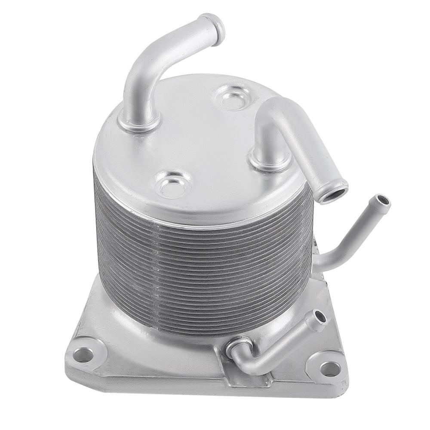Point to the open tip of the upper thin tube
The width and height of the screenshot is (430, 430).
[382, 200]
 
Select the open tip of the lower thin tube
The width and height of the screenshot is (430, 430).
[320, 316]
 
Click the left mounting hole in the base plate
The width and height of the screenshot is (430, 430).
[83, 355]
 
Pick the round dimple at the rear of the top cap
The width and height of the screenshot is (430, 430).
[233, 97]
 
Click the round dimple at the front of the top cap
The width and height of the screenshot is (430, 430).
[174, 183]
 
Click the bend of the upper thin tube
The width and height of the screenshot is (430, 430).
[340, 249]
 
